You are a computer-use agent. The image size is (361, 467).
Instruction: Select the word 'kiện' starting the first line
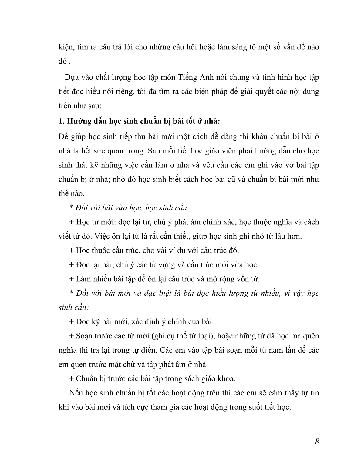tap(65, 48)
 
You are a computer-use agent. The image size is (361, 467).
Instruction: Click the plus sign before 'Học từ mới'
tap(71, 222)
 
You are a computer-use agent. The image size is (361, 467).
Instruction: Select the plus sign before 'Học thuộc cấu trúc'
tap(71, 250)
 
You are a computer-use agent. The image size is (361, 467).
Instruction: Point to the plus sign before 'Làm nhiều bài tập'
tap(71, 279)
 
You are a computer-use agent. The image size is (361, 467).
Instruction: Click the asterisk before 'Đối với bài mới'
tap(71, 293)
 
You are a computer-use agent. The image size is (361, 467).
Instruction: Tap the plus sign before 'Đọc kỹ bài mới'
tap(71, 321)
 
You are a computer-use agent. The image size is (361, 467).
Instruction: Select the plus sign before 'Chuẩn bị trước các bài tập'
tap(71, 378)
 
